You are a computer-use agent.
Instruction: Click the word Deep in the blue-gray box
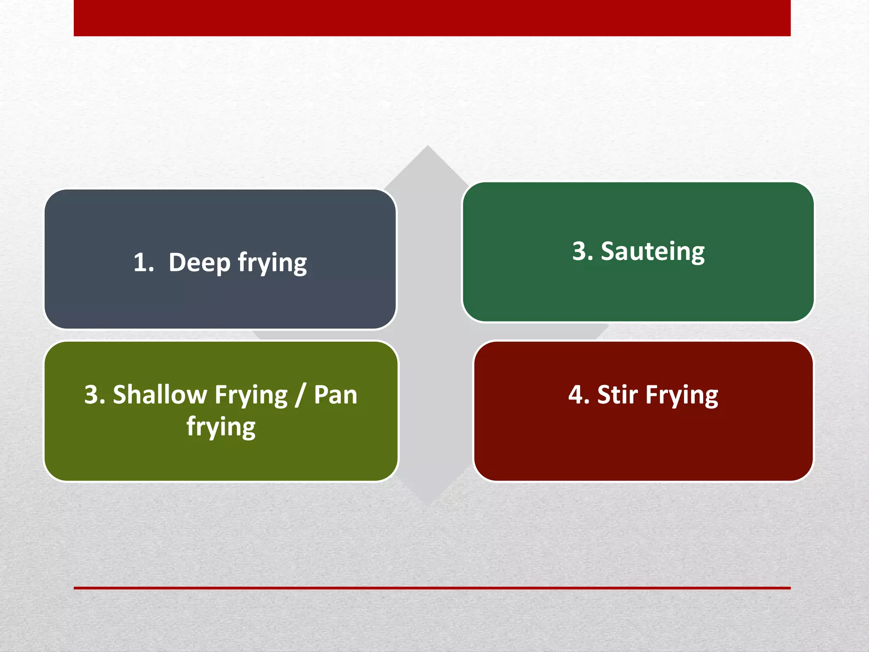pos(199,263)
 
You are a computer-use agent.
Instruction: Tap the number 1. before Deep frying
pos(143,262)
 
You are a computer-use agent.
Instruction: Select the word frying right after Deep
pos(272,263)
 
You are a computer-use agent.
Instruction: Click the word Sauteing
pos(653,252)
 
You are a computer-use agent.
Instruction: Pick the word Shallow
pos(160,395)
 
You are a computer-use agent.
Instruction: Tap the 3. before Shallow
pos(95,395)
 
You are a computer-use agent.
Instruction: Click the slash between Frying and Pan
pos(300,395)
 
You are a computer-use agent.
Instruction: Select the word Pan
pos(335,395)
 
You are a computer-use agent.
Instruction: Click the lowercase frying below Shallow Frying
pos(221,427)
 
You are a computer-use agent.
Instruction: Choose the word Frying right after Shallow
pos(251,396)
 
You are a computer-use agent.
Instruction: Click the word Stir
pos(617,395)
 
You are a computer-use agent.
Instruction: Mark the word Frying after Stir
pos(682,396)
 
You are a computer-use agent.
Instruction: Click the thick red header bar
pos(432,18)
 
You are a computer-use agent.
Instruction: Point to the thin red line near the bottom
pos(432,588)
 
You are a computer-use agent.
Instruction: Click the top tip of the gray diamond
pos(427,147)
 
